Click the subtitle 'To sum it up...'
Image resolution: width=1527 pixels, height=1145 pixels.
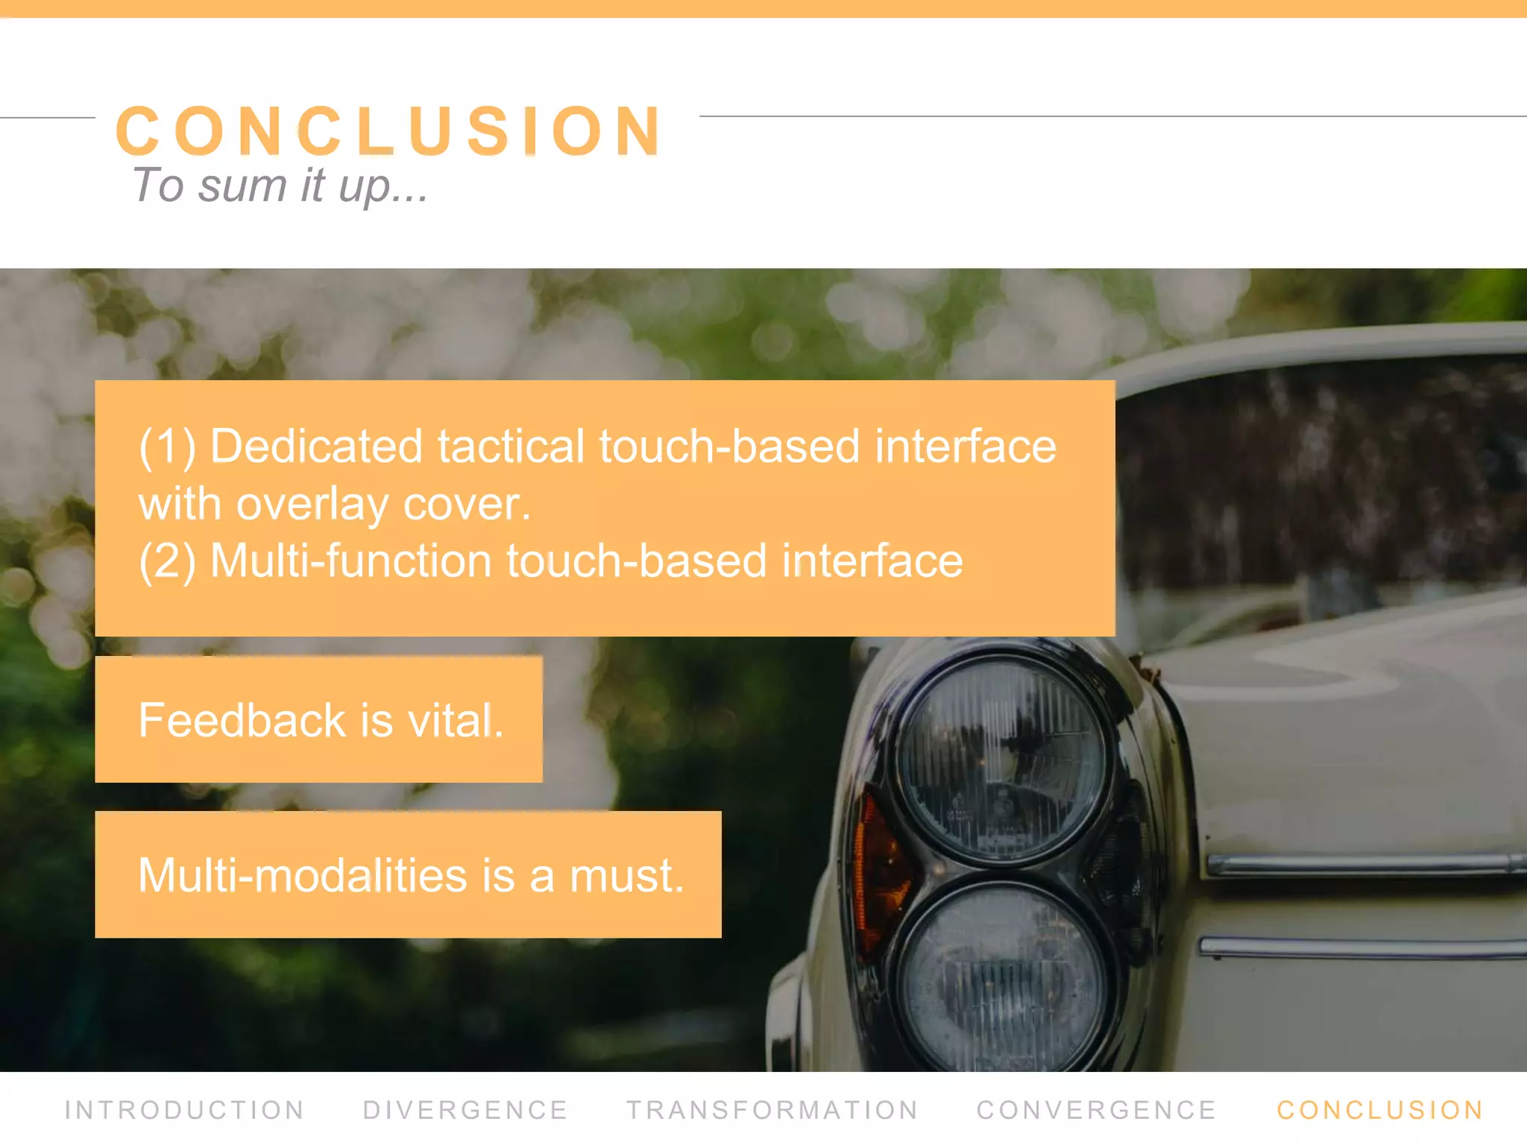[280, 186]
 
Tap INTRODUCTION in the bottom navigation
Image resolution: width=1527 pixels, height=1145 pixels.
[184, 1110]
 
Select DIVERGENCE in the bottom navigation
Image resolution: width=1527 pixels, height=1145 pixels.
[465, 1110]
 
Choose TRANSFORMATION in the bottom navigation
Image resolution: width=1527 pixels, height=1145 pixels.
[772, 1110]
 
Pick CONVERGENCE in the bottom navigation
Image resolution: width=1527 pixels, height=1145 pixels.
[1096, 1110]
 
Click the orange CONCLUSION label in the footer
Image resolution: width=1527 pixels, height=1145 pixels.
[1380, 1110]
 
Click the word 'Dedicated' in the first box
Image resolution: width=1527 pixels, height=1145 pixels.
[316, 447]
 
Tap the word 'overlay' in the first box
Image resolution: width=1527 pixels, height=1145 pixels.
[312, 505]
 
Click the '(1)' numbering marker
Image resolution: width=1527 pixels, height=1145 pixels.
[167, 447]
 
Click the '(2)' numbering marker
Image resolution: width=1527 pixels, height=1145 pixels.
[167, 561]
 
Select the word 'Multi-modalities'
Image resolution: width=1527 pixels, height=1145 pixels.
[302, 875]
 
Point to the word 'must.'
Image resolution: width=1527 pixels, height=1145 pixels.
[626, 875]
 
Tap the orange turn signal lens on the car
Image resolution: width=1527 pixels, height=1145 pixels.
[872, 872]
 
